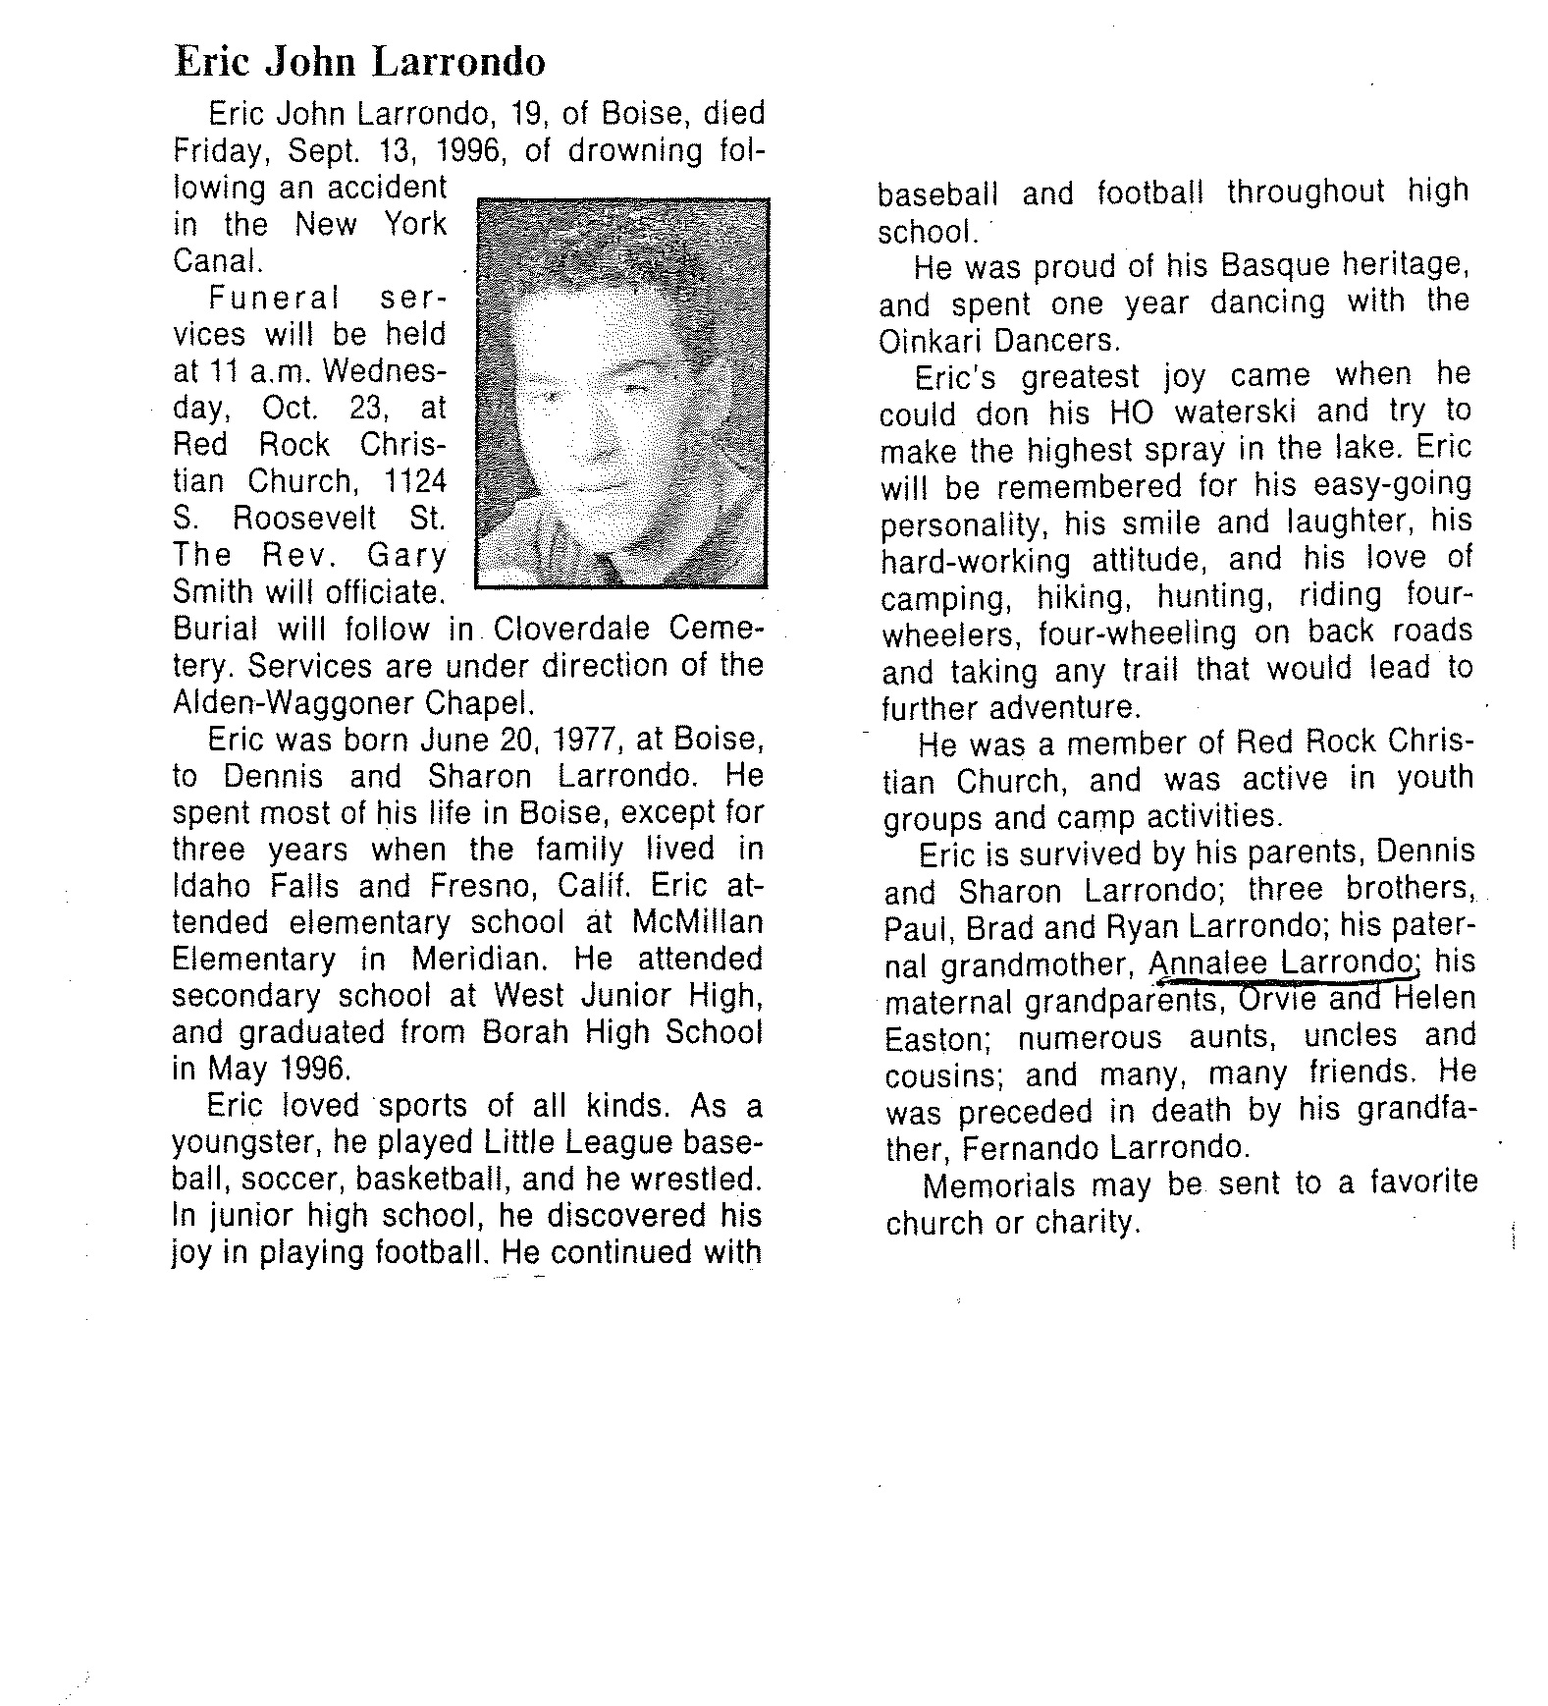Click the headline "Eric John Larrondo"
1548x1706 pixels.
[359, 62]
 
